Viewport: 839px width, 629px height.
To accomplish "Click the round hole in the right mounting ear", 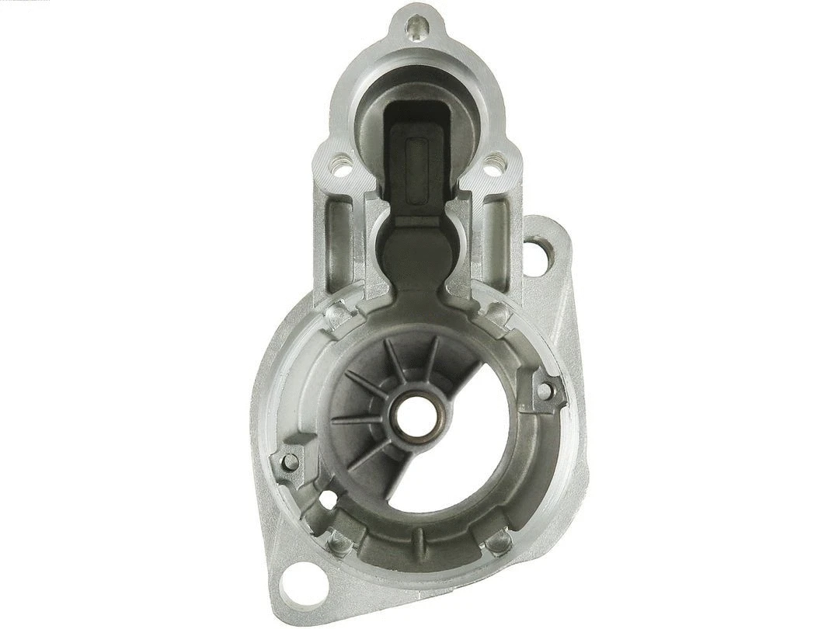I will tap(538, 250).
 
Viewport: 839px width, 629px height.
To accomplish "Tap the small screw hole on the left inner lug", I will tap(290, 462).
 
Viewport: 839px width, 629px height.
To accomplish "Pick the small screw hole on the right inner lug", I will tap(545, 391).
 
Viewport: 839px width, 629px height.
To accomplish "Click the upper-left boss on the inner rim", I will tap(337, 314).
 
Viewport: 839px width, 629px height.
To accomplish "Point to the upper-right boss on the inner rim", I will tap(496, 314).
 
